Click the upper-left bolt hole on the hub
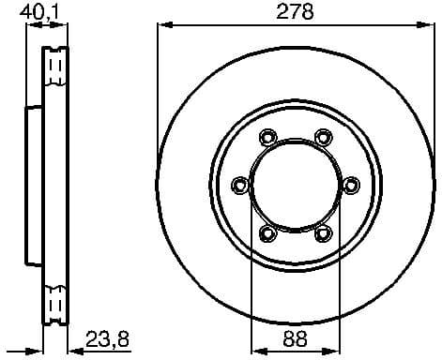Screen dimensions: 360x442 pos(266,137)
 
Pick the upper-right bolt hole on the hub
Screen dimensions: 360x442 pos(322,137)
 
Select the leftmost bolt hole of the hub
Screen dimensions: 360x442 pos(237,185)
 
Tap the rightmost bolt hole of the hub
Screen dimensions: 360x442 pos(350,185)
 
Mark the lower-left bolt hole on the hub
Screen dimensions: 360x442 pos(266,232)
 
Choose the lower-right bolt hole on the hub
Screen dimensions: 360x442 pos(322,232)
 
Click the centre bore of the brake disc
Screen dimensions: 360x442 pos(294,185)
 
